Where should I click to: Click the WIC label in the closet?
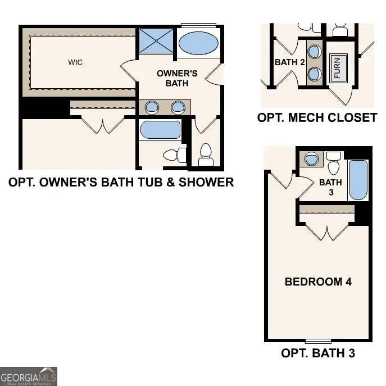75,62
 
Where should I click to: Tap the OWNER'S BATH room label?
177,78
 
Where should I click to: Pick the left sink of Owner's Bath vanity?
152,107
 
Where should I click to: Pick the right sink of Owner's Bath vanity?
178,107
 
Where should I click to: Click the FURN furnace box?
338,68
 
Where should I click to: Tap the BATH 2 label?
290,62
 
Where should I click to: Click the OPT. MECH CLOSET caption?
317,118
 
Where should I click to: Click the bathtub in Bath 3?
358,180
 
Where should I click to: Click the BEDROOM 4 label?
318,282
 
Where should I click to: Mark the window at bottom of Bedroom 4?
318,341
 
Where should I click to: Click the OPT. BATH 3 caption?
318,353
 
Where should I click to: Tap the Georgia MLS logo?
28,376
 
